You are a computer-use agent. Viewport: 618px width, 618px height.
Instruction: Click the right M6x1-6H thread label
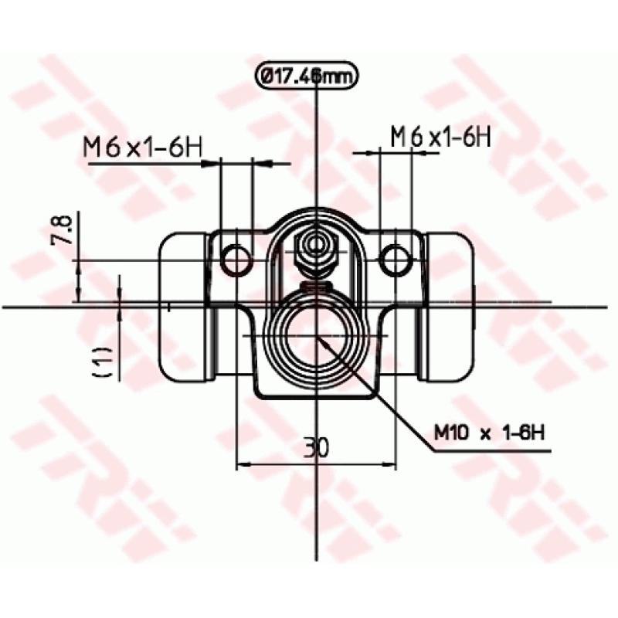pyautogui.click(x=440, y=137)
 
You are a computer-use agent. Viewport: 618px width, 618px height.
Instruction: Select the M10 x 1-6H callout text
pyautogui.click(x=489, y=433)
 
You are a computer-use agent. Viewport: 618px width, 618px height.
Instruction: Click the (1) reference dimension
pyautogui.click(x=104, y=362)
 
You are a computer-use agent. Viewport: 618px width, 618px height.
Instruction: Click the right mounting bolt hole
pyautogui.click(x=396, y=260)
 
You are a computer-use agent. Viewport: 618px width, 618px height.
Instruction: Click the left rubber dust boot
pyautogui.click(x=183, y=306)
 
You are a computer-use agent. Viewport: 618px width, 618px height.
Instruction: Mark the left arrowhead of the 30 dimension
pyautogui.click(x=242, y=464)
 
